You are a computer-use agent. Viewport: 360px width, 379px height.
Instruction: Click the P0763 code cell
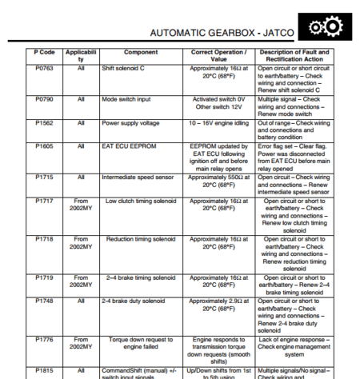44,69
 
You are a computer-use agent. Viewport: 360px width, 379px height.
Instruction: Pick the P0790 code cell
44,99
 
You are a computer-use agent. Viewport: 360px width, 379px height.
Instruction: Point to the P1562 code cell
44,123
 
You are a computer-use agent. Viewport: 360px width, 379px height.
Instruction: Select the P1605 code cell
44,147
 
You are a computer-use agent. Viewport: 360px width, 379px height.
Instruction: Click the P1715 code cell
44,178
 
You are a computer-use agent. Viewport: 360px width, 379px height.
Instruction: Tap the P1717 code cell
44,201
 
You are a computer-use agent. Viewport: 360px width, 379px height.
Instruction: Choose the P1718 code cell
44,239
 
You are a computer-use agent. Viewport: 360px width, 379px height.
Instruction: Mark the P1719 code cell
44,277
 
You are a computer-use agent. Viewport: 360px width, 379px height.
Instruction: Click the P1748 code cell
44,301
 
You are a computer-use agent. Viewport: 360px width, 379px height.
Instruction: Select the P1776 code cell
44,339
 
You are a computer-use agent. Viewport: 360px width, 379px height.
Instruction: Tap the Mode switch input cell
126,99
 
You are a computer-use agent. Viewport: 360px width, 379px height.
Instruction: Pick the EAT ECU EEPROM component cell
127,147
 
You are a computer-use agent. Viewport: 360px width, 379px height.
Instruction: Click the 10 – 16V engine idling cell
213,123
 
